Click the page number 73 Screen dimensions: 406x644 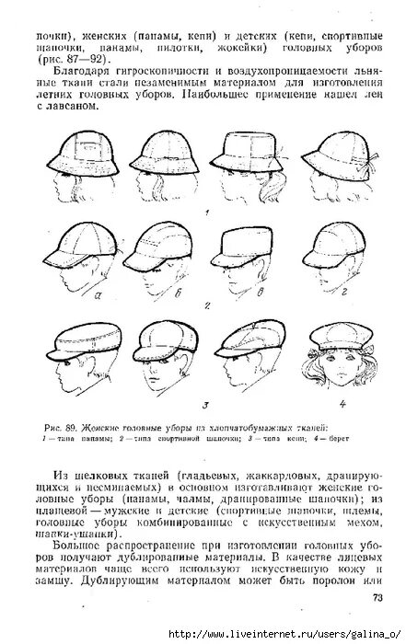click(377, 598)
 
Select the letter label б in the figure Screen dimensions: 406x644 click(178, 294)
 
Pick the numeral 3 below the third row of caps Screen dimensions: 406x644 click(207, 404)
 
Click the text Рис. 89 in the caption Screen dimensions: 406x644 click(58, 428)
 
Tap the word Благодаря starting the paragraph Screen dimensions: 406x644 click(79, 70)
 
